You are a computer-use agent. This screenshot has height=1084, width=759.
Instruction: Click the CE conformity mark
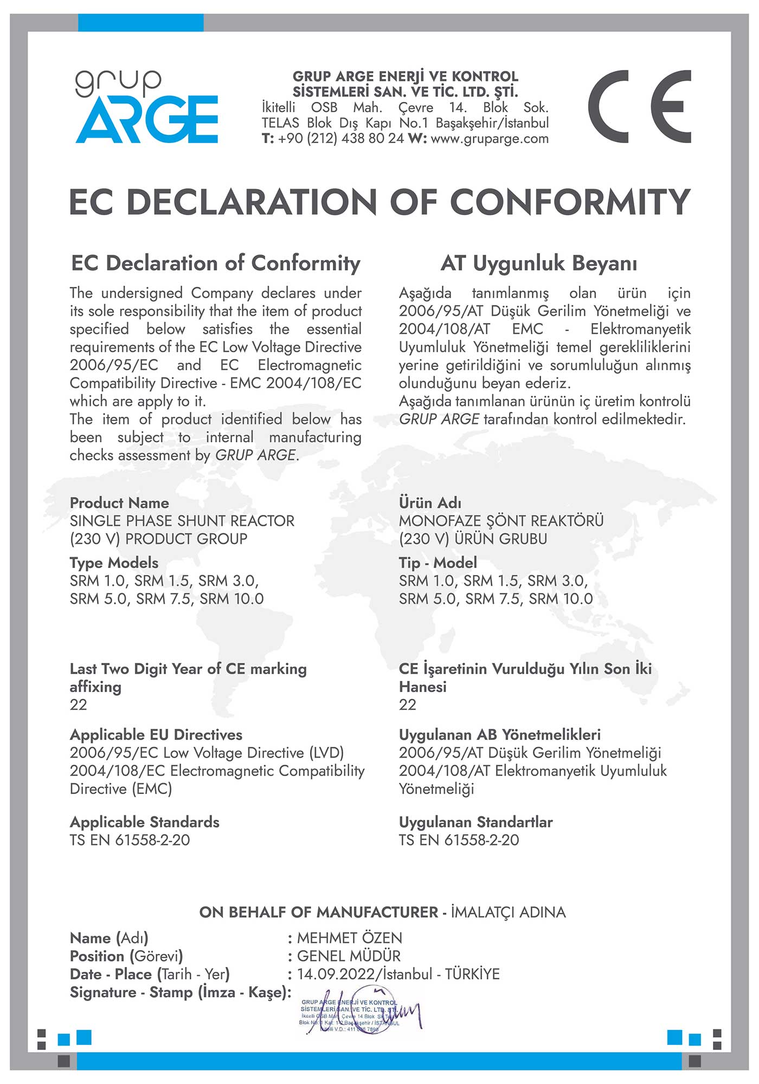[640, 106]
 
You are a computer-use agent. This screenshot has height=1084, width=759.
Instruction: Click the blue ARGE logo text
[147, 120]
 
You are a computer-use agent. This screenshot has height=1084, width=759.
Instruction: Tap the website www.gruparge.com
[489, 139]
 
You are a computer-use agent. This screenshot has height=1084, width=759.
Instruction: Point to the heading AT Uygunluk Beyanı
[539, 263]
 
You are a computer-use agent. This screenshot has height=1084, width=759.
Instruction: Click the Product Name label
[119, 503]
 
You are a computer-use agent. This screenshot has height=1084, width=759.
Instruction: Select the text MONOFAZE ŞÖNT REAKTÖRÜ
[501, 521]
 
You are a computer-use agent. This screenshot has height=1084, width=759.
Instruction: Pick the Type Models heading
[114, 563]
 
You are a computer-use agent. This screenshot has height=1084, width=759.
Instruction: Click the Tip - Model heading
[438, 563]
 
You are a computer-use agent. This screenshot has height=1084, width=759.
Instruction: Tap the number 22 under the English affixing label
[78, 705]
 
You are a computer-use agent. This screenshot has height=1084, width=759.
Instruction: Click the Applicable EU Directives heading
[156, 735]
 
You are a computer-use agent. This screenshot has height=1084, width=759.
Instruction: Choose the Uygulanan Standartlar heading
[475, 822]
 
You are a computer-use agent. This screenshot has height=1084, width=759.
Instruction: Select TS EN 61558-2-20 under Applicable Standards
[130, 840]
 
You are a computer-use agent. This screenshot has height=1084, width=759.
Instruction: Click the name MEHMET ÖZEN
[350, 938]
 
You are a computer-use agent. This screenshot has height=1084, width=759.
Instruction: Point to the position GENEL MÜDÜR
[349, 956]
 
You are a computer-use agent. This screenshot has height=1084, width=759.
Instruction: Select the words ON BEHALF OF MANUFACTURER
[319, 912]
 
